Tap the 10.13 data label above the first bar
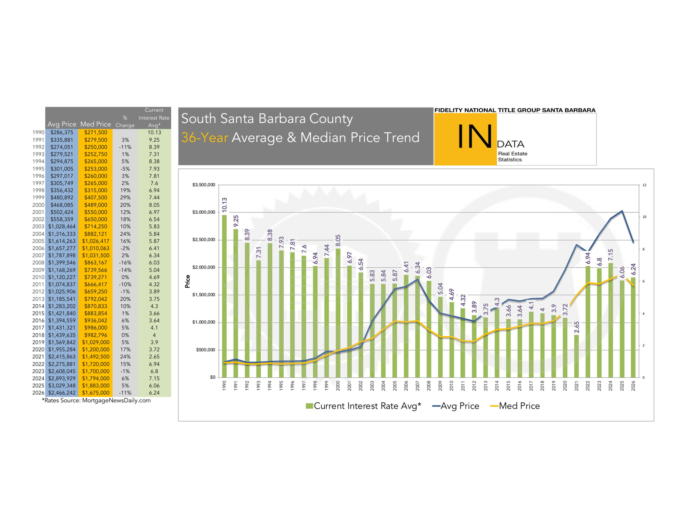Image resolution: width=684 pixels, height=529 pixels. [x=224, y=204]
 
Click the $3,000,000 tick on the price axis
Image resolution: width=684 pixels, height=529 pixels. [x=204, y=212]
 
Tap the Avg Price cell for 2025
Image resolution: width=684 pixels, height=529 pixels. [x=62, y=385]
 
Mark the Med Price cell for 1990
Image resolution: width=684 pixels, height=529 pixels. [x=96, y=133]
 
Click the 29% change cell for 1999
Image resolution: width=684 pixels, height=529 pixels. [x=125, y=197]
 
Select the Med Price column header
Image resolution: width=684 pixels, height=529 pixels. [x=96, y=124]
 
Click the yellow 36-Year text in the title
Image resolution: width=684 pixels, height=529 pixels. [x=205, y=137]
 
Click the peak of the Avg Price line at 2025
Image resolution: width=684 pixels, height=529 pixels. [x=622, y=211]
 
